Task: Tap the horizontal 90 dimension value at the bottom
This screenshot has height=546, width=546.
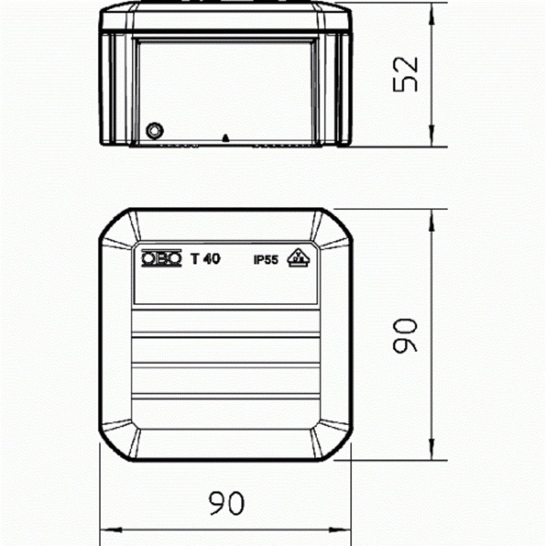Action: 225,503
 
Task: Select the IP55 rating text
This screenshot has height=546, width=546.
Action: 266,260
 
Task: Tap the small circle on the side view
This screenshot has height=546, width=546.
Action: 154,130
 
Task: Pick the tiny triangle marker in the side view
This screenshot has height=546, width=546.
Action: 225,137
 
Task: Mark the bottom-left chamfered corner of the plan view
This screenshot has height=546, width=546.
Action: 118,443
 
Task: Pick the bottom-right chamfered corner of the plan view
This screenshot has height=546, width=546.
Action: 334,443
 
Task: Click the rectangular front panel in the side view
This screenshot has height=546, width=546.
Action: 225,87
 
